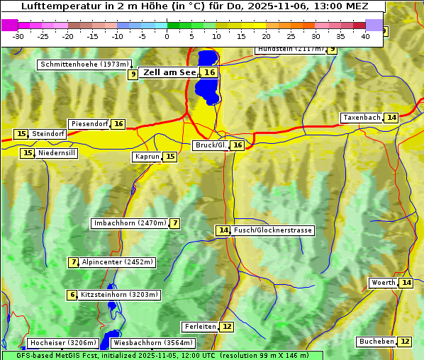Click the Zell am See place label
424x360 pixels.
pos(169,72)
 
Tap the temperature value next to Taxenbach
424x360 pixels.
pos(391,118)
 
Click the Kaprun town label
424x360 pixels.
pos(147,157)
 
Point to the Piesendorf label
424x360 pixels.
pos(89,124)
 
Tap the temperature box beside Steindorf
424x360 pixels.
pos(21,134)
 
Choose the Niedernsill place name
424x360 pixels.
pos(57,152)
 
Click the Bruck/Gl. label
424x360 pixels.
pos(211,145)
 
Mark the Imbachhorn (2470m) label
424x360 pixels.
pos(130,223)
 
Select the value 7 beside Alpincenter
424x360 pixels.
pos(73,262)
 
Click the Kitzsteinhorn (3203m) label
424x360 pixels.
pos(119,294)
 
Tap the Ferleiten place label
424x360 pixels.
pos(199,327)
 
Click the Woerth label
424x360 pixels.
pos(384,283)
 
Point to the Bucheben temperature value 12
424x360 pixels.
pos(404,342)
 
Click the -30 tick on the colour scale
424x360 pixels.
pos(18,36)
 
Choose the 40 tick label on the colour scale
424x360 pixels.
pos(365,36)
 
